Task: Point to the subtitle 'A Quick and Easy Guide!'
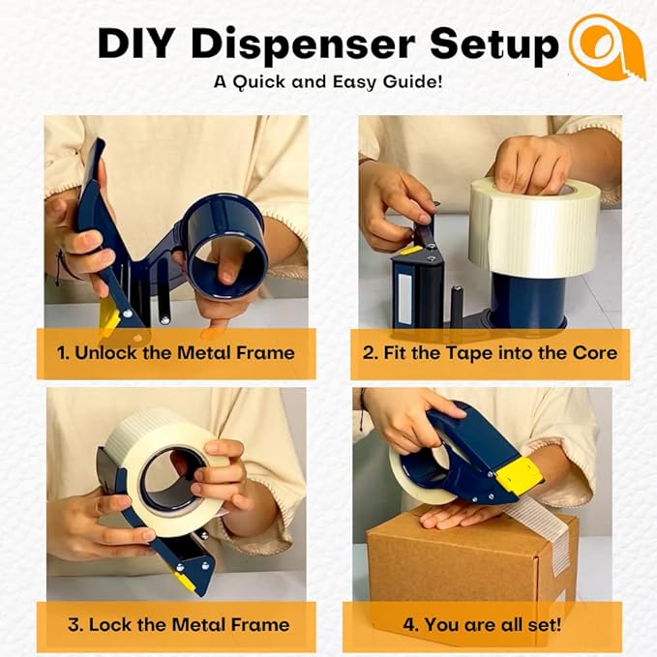tap(328, 82)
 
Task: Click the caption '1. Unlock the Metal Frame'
tap(175, 353)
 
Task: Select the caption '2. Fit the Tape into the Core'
tap(490, 353)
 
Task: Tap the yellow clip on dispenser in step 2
tap(412, 250)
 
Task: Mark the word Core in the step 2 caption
tap(594, 353)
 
